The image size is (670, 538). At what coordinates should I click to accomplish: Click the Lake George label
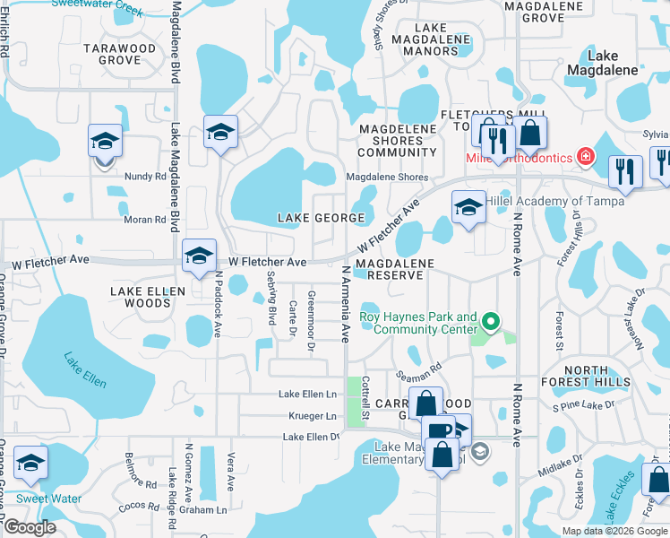click(322, 218)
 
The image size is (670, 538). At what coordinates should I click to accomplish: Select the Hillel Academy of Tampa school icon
click(468, 207)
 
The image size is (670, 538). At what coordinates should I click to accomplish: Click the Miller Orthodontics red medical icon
click(586, 158)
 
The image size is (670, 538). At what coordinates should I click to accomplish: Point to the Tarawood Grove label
click(119, 54)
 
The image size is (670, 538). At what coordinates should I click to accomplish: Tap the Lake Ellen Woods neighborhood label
click(148, 297)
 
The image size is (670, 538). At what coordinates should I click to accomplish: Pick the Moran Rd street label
click(142, 219)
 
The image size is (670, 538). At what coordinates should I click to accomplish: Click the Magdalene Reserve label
click(394, 269)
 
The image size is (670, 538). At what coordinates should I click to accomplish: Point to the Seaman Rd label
click(425, 368)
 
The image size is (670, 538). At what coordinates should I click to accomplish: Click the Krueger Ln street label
click(312, 416)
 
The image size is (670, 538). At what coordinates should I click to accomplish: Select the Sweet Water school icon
click(31, 464)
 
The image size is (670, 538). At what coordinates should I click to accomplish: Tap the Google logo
click(30, 527)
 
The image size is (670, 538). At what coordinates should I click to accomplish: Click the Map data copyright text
click(614, 531)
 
